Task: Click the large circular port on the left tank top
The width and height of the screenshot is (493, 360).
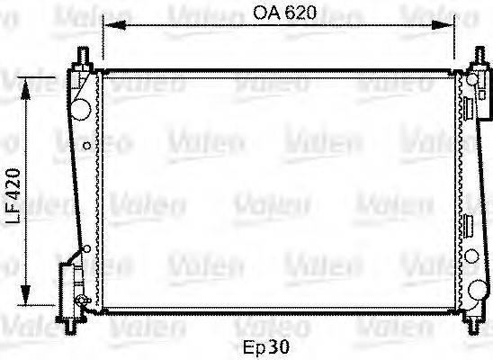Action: (x=80, y=107)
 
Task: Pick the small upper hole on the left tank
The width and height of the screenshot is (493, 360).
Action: (x=85, y=146)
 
